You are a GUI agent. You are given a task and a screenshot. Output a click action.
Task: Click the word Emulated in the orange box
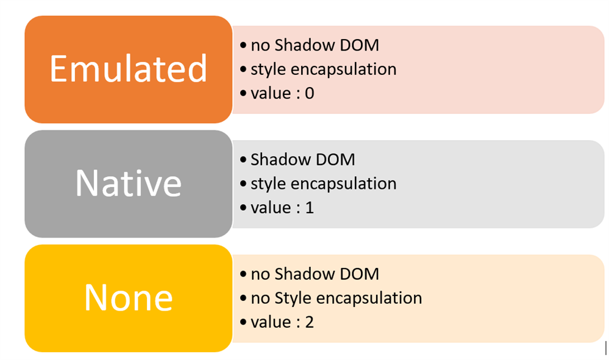128,69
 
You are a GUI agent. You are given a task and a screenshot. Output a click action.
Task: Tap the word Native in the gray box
128,183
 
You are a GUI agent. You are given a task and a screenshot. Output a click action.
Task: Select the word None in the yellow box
128,297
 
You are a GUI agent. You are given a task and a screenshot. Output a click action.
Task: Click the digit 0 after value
309,93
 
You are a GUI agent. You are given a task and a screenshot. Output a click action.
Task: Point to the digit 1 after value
309,208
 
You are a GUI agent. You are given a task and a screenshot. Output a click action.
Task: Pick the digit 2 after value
309,322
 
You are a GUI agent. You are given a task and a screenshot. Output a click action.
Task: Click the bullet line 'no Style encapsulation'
336,298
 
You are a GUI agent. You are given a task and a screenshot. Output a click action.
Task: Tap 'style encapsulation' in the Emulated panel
323,69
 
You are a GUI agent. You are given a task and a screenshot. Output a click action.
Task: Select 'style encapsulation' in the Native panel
323,183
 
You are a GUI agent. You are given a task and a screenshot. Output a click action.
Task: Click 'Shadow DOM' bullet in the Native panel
302,160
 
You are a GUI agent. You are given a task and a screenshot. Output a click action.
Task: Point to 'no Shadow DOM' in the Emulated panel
315,44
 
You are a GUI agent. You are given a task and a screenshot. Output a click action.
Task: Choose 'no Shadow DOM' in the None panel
315,274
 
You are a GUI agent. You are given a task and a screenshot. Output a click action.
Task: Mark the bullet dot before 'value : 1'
243,208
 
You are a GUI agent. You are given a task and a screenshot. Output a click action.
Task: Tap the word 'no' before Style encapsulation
260,298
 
